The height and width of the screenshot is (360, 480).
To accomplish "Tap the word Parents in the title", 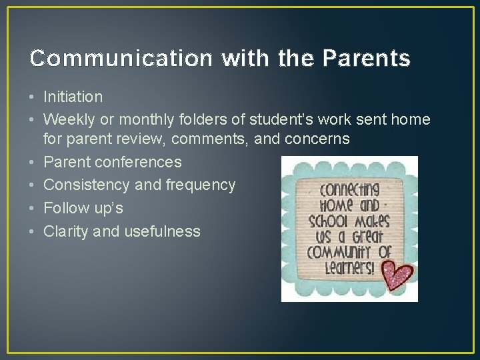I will pos(366,59).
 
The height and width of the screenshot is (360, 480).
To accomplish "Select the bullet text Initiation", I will pos(73,97).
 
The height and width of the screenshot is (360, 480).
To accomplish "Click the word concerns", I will pos(317,139).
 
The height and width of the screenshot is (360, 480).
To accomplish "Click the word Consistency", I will pos(87,185).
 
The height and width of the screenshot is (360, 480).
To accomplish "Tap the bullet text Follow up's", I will pos(83,208).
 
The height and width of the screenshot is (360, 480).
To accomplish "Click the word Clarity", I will pos(67,231).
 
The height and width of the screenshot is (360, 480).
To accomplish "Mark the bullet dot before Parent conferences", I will pos(33,162).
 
